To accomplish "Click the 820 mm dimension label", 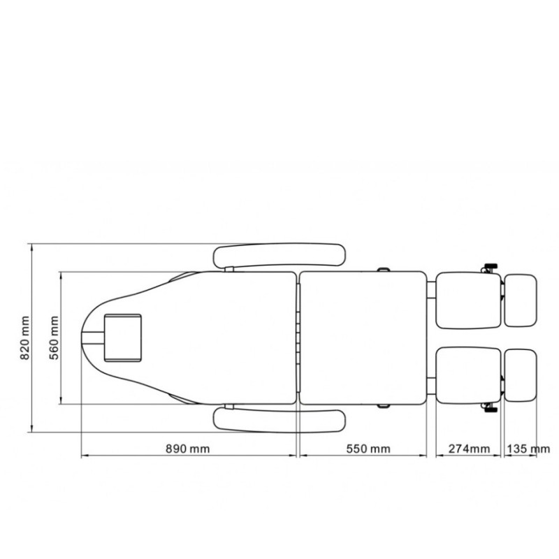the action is pyautogui.click(x=24, y=337).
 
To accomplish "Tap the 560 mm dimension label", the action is pyautogui.click(x=54, y=337).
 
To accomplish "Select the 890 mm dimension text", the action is pyautogui.click(x=187, y=449).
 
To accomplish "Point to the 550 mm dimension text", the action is pyautogui.click(x=368, y=449).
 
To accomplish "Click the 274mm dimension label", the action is pyautogui.click(x=469, y=449).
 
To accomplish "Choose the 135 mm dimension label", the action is pyautogui.click(x=528, y=449).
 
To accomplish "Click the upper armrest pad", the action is pyautogui.click(x=279, y=255).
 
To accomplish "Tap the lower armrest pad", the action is pyautogui.click(x=279, y=421).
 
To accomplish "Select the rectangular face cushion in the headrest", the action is pyautogui.click(x=123, y=338).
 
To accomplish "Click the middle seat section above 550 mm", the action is pyautogui.click(x=363, y=338).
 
